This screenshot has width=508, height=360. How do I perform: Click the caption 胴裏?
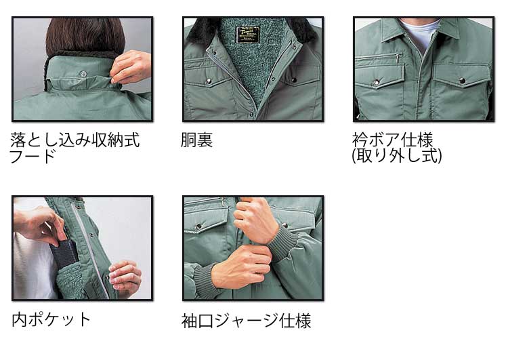[x=196, y=140]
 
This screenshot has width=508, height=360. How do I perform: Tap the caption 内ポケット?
[x=51, y=319]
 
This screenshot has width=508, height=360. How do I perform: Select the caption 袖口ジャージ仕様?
[x=247, y=321]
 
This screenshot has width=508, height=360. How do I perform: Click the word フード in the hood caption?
[x=33, y=157]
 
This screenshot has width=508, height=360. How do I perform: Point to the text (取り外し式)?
[x=397, y=156]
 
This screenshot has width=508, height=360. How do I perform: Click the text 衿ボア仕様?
[x=393, y=140]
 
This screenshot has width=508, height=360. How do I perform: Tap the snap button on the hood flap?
[x=83, y=74]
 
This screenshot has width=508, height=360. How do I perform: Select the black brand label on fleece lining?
[x=247, y=35]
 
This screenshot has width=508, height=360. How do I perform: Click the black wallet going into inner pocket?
[x=64, y=254]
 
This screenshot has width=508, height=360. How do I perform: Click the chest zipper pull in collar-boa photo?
[x=398, y=58]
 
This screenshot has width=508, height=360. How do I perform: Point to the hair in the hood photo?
[x=85, y=37]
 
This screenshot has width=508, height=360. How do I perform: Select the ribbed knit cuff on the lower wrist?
[x=204, y=281]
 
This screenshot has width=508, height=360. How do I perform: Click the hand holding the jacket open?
[x=125, y=277]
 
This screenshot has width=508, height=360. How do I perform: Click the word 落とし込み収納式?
[x=75, y=140]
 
